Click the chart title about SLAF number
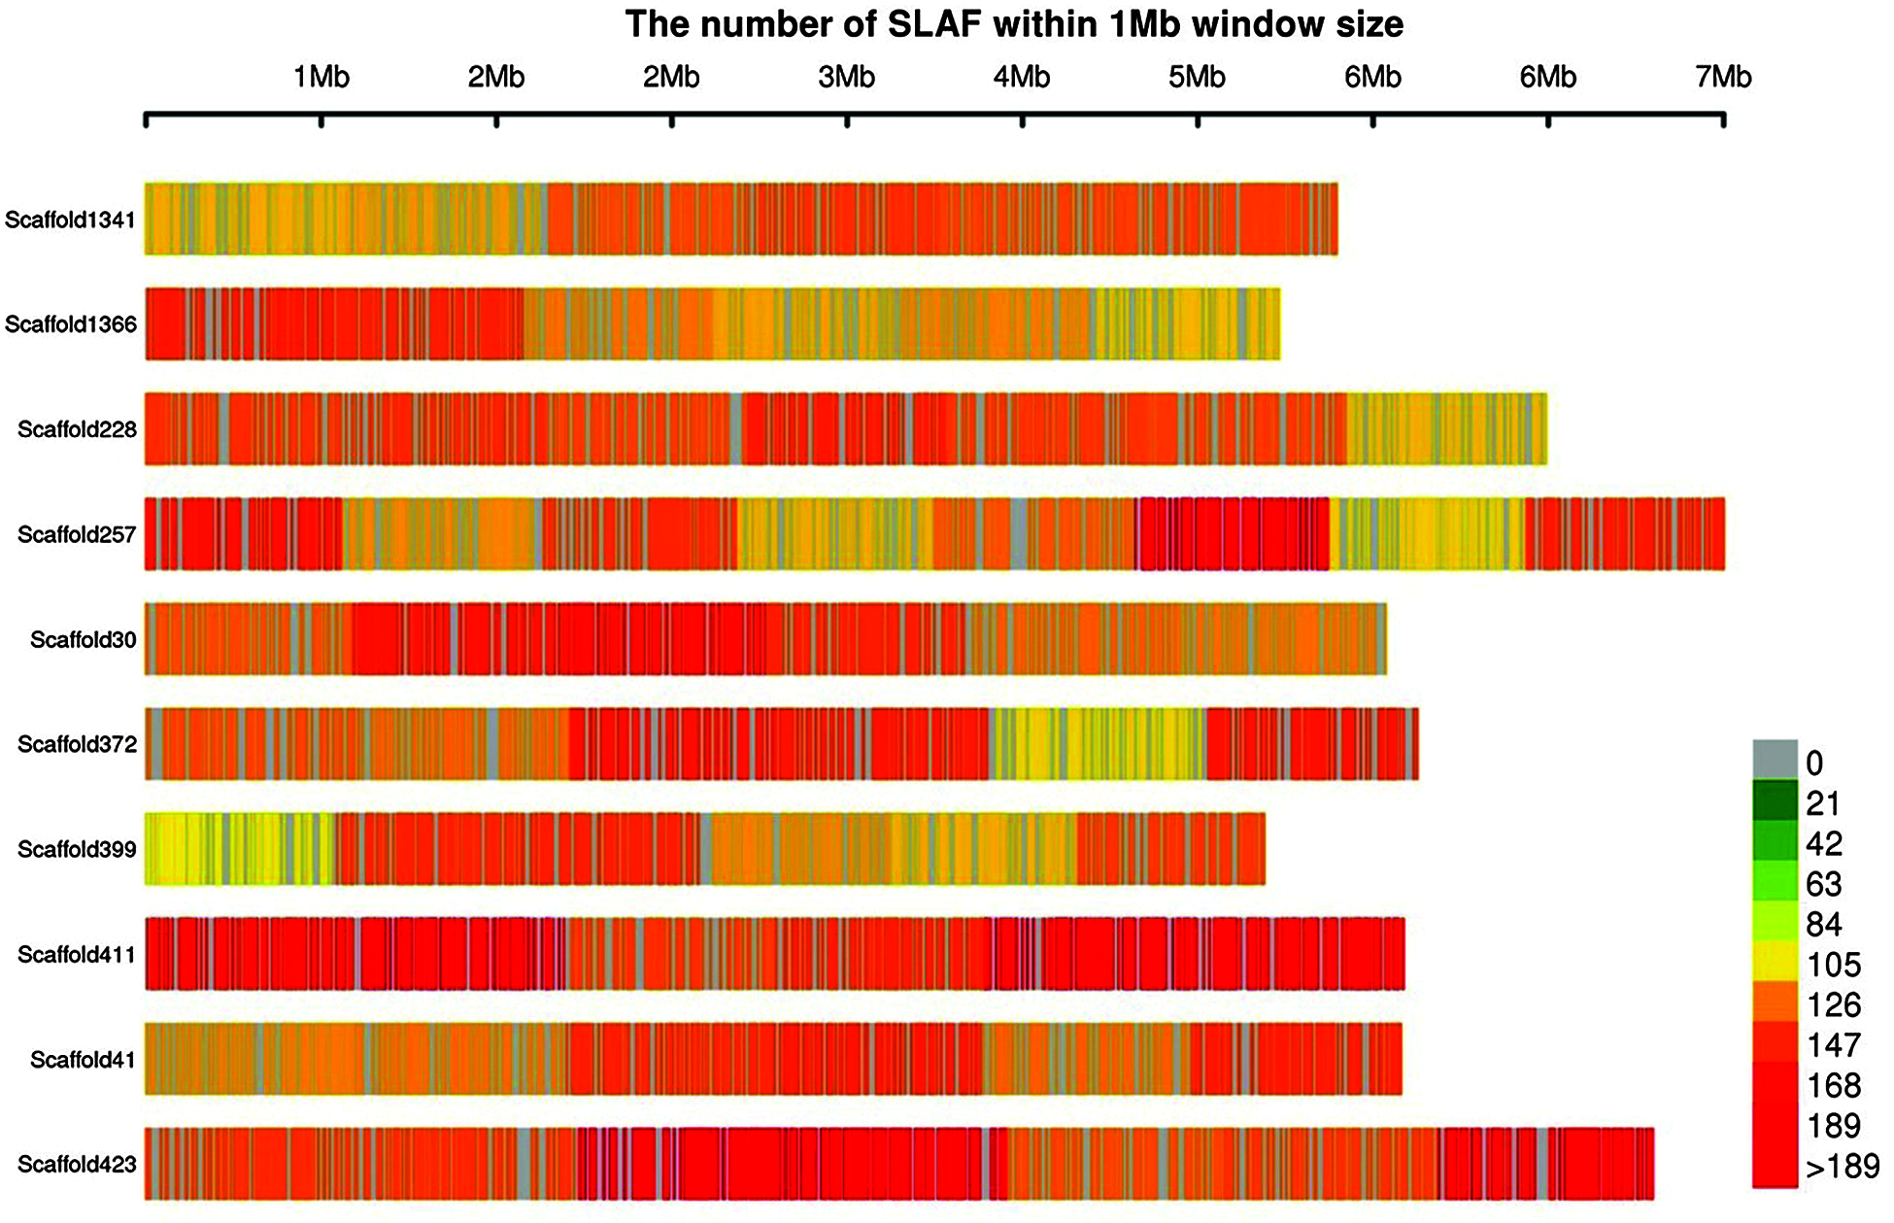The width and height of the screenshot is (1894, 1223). click(x=1014, y=24)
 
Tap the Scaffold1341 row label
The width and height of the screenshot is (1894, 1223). click(x=70, y=220)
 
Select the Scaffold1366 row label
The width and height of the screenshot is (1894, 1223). click(x=70, y=324)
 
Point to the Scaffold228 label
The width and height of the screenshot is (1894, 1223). click(x=77, y=429)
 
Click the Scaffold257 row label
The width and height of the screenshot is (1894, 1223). click(x=77, y=534)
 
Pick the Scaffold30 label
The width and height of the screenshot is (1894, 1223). click(x=83, y=639)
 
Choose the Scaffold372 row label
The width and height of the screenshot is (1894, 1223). click(x=77, y=744)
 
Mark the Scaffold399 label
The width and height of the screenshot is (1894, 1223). click(x=77, y=849)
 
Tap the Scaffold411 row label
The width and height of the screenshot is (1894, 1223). click(x=77, y=955)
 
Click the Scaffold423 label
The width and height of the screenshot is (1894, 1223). click(x=77, y=1164)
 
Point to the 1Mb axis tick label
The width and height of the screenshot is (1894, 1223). click(x=321, y=77)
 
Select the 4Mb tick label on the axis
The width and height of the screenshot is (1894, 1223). click(x=1022, y=77)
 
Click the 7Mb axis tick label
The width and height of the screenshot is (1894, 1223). click(x=1724, y=77)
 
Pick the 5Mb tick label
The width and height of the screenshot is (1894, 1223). click(x=1197, y=77)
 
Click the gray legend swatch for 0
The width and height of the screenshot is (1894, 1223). click(x=1775, y=760)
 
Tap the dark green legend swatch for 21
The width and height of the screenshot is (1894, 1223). click(x=1775, y=800)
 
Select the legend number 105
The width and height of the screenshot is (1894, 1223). click(x=1834, y=965)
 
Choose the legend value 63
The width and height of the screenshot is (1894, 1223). click(x=1823, y=884)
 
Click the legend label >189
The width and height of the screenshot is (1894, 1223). click(x=1842, y=1167)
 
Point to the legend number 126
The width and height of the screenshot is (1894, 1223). click(x=1834, y=1004)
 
